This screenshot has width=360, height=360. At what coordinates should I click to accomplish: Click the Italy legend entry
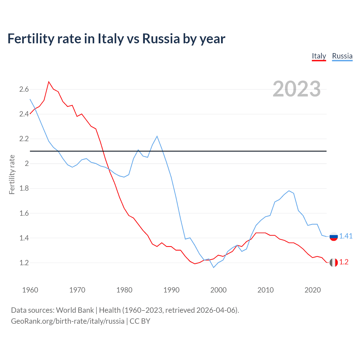click(319, 56)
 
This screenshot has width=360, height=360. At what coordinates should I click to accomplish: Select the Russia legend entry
click(342, 56)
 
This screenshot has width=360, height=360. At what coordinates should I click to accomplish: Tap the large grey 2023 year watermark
click(296, 89)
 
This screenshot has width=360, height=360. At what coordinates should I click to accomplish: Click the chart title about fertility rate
click(116, 39)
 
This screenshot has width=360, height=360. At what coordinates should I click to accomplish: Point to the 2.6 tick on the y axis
click(24, 89)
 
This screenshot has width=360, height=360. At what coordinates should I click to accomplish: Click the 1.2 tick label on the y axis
click(24, 263)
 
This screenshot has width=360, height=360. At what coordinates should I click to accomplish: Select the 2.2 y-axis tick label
click(24, 139)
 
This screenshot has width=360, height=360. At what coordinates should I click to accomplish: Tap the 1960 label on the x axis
click(30, 290)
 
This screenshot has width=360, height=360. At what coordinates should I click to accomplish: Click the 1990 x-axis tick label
click(171, 290)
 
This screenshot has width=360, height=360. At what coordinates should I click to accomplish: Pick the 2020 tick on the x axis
click(312, 290)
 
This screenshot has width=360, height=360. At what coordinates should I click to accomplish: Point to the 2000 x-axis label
click(218, 290)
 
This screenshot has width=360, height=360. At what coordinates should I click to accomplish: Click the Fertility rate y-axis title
click(12, 174)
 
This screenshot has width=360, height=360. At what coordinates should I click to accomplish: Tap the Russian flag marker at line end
click(334, 237)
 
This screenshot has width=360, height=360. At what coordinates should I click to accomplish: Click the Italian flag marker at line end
click(334, 262)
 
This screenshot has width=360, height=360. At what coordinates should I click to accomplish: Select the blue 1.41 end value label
click(346, 236)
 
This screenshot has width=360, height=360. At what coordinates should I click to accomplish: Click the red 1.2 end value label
click(344, 262)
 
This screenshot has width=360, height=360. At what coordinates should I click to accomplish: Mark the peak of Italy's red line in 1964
click(49, 82)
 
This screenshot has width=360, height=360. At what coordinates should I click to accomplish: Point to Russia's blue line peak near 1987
click(157, 136)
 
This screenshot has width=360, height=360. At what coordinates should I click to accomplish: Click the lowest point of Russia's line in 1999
click(213, 267)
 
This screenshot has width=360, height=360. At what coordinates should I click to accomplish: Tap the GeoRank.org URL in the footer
click(67, 321)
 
